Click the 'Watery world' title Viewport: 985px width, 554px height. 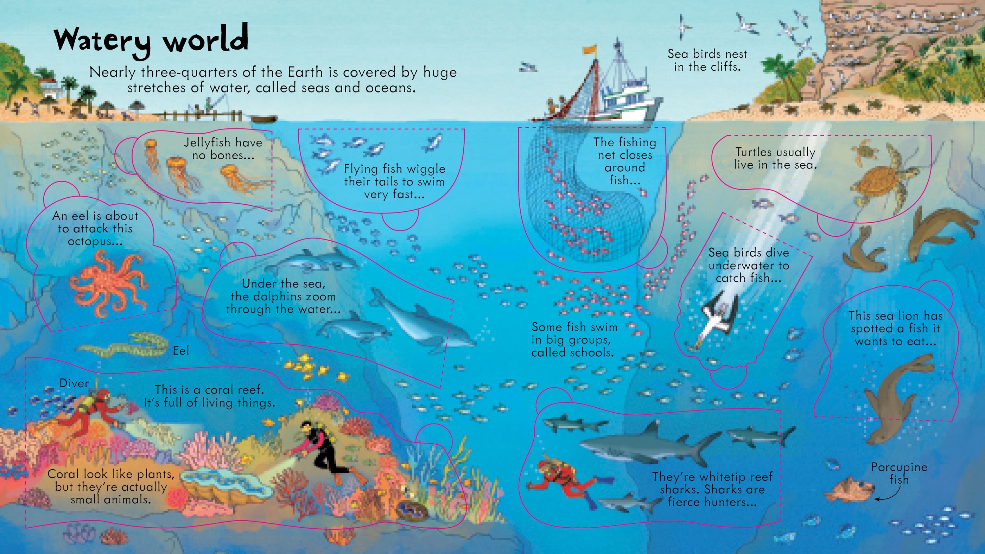point(151,40)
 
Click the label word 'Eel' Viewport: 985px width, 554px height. point(180,351)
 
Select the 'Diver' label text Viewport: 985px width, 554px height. point(74,383)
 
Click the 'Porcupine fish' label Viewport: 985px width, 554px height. point(898,473)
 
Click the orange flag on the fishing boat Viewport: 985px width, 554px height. point(589,50)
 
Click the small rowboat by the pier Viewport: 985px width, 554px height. point(265,119)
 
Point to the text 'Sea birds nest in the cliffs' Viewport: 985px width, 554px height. point(707,60)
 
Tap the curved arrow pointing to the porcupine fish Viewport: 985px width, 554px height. point(887,495)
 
